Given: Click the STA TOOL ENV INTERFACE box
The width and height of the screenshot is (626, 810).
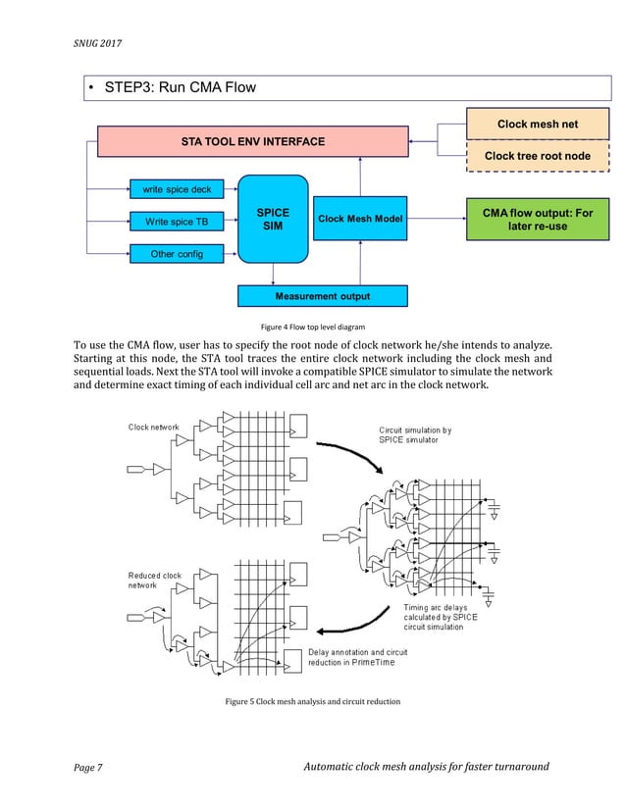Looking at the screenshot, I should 252,142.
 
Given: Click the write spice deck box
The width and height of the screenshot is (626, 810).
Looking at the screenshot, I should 177,189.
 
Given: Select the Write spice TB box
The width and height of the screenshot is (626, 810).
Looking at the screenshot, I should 177,222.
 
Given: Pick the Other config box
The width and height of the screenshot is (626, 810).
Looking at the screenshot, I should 177,254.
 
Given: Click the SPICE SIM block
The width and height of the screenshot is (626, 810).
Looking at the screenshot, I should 273,220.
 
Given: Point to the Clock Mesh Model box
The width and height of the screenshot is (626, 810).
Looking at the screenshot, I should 360,220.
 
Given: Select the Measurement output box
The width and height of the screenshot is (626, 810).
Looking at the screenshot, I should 323,296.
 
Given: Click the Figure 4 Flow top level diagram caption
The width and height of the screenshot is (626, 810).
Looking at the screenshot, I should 313,326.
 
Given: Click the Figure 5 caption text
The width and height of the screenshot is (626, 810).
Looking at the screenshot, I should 312,702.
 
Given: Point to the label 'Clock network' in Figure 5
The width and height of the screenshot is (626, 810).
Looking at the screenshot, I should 153,427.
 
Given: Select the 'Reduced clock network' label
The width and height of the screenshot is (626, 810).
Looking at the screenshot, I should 155,580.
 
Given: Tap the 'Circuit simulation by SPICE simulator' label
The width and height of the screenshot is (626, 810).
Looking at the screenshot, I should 415,434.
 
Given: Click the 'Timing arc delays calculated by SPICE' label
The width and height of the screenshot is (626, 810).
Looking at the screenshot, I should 441,618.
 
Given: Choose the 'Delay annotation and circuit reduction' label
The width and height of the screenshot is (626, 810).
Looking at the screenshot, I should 358,657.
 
